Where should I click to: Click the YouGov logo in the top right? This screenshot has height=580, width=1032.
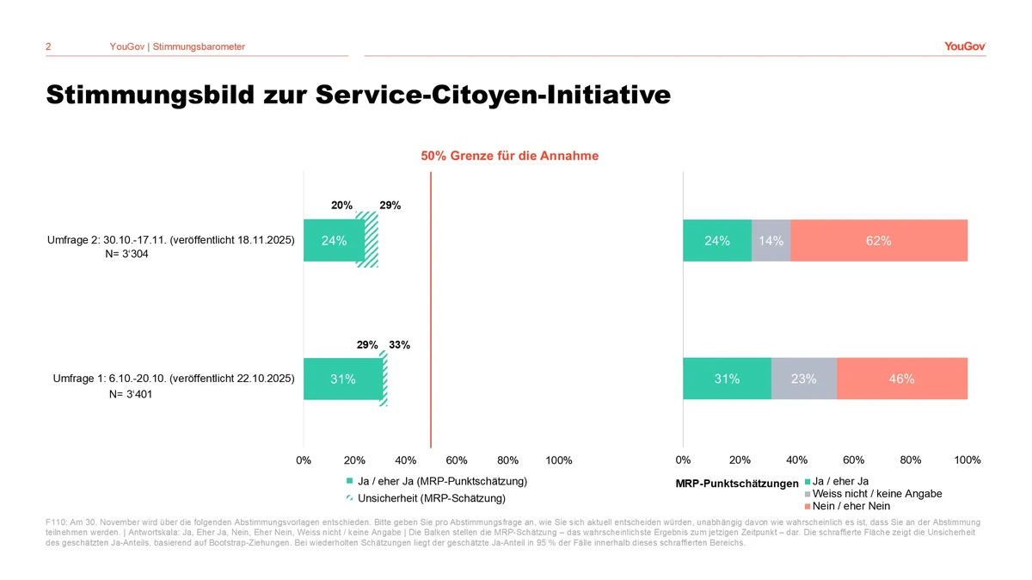point(964,46)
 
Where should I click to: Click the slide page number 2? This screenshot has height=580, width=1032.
point(48,46)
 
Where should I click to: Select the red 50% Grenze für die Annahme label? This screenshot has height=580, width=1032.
point(509,156)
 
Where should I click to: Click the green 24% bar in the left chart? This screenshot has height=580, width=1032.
point(333,241)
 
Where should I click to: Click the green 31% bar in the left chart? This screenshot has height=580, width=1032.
point(342,379)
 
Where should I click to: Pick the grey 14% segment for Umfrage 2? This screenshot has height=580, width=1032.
point(771,241)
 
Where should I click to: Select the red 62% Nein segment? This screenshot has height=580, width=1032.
point(878,241)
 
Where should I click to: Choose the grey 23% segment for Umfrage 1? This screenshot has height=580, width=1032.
point(803,379)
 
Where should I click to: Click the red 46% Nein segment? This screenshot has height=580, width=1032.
point(901,379)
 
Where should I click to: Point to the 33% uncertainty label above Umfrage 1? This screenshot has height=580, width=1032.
point(399,344)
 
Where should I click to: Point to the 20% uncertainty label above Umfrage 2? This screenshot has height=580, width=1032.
point(342,206)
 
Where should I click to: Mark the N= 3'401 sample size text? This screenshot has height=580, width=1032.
point(127,395)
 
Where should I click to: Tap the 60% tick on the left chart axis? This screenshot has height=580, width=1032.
point(457,460)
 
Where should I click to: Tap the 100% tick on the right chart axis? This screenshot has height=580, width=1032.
point(967,460)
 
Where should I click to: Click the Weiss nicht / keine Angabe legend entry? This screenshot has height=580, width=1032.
point(877,494)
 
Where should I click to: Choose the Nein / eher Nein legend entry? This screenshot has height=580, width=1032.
point(851,506)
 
